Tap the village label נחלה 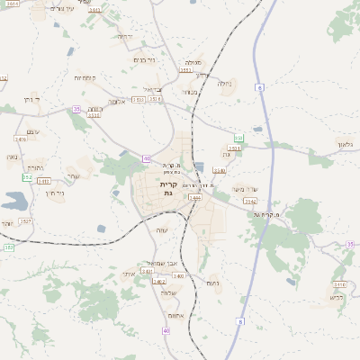click(224, 85)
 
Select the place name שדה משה click(245, 188)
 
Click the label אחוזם click(175, 316)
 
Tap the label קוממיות click(85, 78)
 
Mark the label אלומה click(116, 102)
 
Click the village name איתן click(128, 273)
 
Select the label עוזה click(161, 231)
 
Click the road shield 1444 click(194, 196)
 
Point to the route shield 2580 click(219, 169)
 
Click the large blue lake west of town click(15, 200)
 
